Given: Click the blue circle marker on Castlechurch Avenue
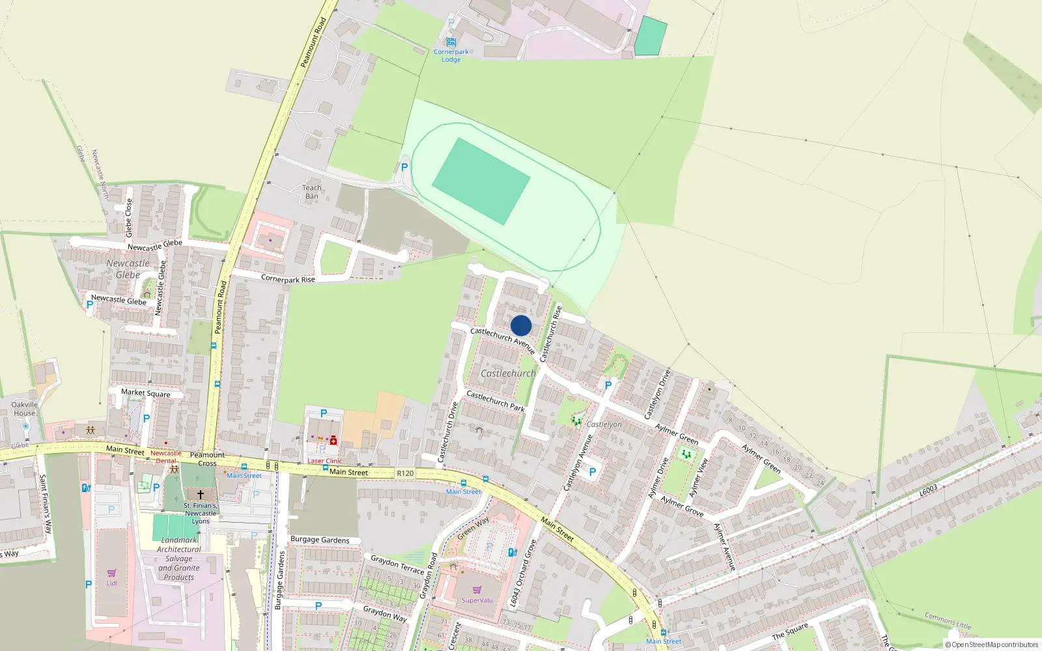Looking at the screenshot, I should point(521,325).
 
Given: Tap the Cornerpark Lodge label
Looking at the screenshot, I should point(451,56).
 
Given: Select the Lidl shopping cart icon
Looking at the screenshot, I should point(111,574).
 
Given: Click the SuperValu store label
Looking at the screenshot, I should point(477,600).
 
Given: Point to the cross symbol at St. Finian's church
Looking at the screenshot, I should point(201,495).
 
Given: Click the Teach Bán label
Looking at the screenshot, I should point(312,192).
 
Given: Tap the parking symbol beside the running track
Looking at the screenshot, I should point(404,167).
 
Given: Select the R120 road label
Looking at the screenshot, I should point(405,473).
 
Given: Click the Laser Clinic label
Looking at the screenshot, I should point(324,461).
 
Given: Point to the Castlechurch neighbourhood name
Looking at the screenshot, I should point(508,374).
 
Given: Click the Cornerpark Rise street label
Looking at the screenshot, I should point(288,279).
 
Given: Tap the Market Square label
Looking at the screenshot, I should point(146,393).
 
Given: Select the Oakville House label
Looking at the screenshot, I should point(25,409).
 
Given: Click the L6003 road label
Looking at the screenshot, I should point(929,490).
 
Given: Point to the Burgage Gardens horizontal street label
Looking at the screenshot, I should point(320,540).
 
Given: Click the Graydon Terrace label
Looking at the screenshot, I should point(397,564).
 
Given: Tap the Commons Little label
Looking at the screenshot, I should point(948,620).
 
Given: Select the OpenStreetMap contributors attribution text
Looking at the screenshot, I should point(992,644).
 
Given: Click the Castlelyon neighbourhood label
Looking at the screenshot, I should point(604,424).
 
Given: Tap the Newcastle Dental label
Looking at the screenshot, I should point(166,457).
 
